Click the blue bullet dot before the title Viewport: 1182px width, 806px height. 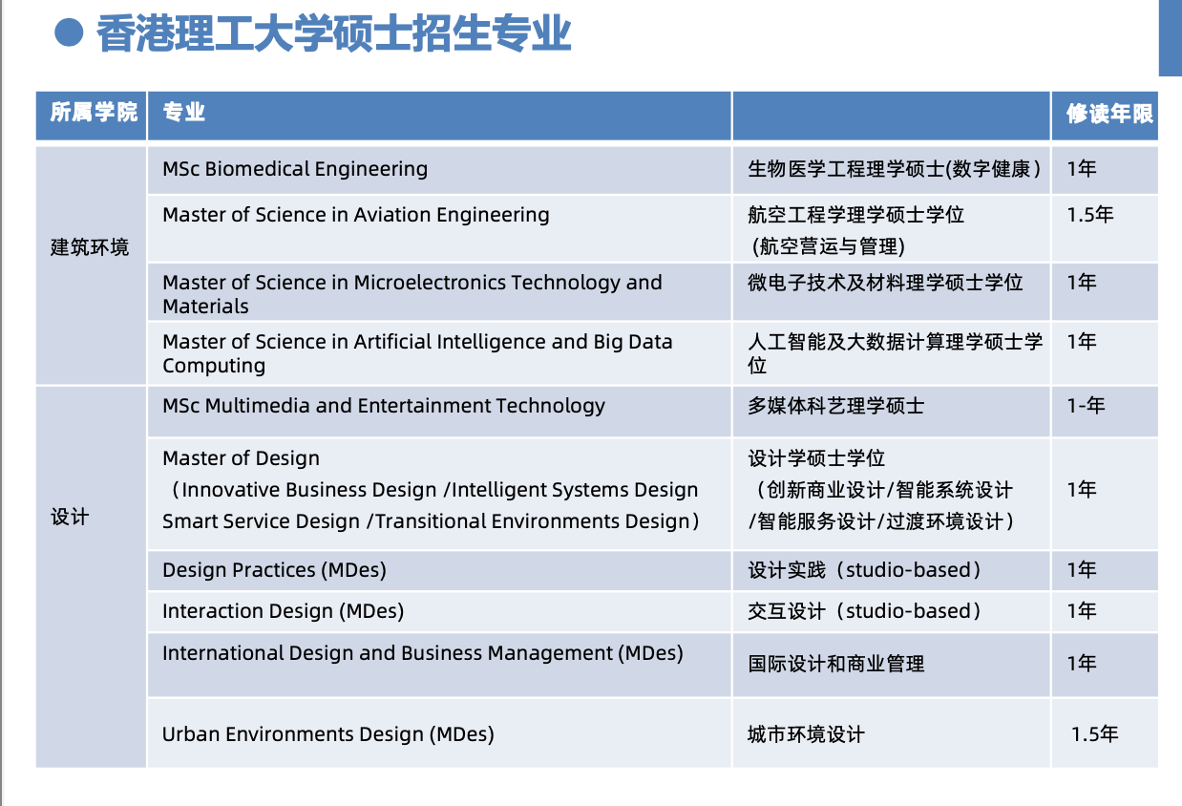[x=69, y=32]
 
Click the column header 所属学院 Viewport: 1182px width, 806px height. [x=94, y=113]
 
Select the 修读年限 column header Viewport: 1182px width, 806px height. [x=1109, y=114]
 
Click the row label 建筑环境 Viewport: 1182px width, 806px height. [x=90, y=247]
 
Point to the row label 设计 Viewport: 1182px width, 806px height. [x=70, y=517]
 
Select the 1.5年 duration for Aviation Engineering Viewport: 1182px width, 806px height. [x=1090, y=214]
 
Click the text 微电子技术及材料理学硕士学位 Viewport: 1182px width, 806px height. [x=885, y=283]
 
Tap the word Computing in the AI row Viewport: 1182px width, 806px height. [x=214, y=366]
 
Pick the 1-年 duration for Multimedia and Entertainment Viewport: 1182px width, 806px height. [x=1086, y=405]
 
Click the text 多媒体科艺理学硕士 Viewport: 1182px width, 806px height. [x=835, y=405]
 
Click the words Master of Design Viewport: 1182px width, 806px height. [x=242, y=458]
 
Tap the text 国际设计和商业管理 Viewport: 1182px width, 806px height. [x=835, y=664]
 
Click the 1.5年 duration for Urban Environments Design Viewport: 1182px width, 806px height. [x=1095, y=734]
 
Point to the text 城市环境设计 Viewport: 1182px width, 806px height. [x=806, y=734]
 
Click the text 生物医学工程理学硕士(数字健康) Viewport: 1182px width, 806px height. [x=895, y=169]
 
